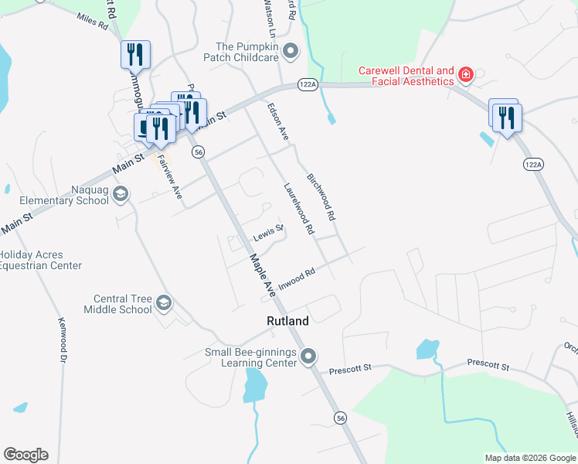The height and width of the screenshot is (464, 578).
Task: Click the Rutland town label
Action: click(287, 321)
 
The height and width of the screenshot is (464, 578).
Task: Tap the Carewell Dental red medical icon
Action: click(465, 75)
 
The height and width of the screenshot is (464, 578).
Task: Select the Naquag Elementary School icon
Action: click(120, 193)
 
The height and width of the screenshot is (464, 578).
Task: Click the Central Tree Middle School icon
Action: click(163, 302)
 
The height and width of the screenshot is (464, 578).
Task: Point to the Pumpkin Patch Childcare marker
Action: click(291, 52)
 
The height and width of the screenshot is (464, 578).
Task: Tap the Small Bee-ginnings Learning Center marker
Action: click(308, 357)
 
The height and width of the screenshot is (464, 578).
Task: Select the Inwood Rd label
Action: click(297, 278)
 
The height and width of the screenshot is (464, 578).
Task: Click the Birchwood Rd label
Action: click(322, 194)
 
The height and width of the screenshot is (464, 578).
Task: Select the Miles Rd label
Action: click(92, 21)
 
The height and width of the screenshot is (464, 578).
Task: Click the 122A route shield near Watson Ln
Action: click(308, 85)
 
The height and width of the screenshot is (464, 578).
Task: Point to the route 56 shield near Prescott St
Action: click(341, 418)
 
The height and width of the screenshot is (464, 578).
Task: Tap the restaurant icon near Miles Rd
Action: click(134, 53)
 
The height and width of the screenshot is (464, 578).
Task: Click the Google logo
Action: click(25, 455)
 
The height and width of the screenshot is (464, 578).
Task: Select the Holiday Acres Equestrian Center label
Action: click(40, 260)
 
